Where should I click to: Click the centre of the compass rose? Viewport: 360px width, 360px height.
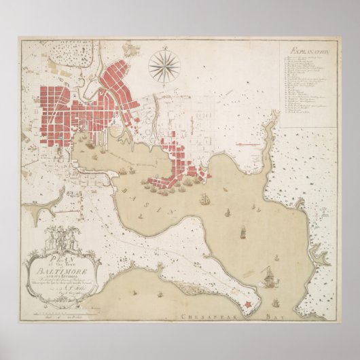[164, 66]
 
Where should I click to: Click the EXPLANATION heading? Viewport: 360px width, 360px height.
[308, 51]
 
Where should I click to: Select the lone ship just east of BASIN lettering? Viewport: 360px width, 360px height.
[204, 198]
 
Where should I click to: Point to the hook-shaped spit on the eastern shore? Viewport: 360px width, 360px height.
[319, 255]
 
